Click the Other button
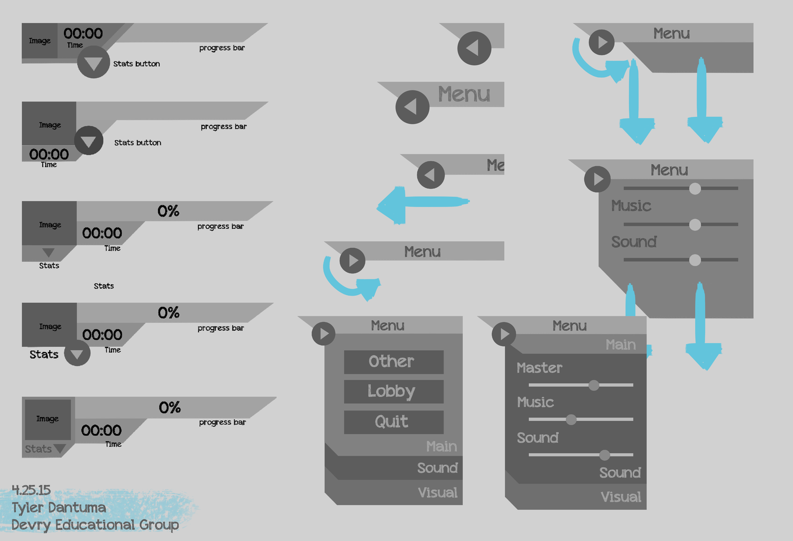click(x=393, y=362)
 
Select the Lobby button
click(x=393, y=391)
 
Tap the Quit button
click(x=393, y=422)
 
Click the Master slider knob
click(x=594, y=385)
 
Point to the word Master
click(x=539, y=368)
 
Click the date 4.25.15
click(x=31, y=490)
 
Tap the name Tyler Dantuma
click(x=59, y=508)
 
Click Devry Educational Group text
click(x=95, y=525)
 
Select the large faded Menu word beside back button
click(x=464, y=95)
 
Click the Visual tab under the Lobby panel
click(x=437, y=493)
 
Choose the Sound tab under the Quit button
click(x=437, y=468)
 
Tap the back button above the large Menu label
click(x=474, y=48)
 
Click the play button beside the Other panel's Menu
click(x=324, y=334)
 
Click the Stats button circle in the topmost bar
click(x=94, y=62)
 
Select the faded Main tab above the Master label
click(x=620, y=345)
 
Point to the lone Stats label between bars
click(x=104, y=286)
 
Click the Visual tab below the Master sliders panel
click(x=621, y=497)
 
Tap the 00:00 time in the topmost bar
click(x=83, y=34)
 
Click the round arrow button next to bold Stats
click(x=77, y=353)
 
